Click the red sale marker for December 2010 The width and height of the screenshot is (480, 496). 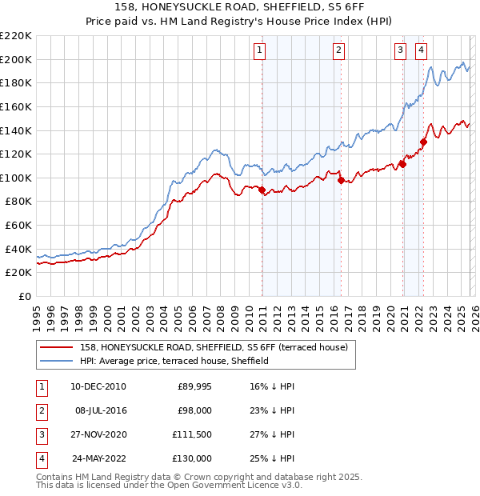pos(262,189)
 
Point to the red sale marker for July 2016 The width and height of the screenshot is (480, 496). pos(341,180)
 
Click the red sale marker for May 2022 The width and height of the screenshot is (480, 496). pos(423,142)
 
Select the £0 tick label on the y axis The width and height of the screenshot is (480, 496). pos(24,296)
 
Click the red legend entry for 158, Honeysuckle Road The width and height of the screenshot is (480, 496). pos(213,347)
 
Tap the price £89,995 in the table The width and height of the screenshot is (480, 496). pos(192,386)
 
